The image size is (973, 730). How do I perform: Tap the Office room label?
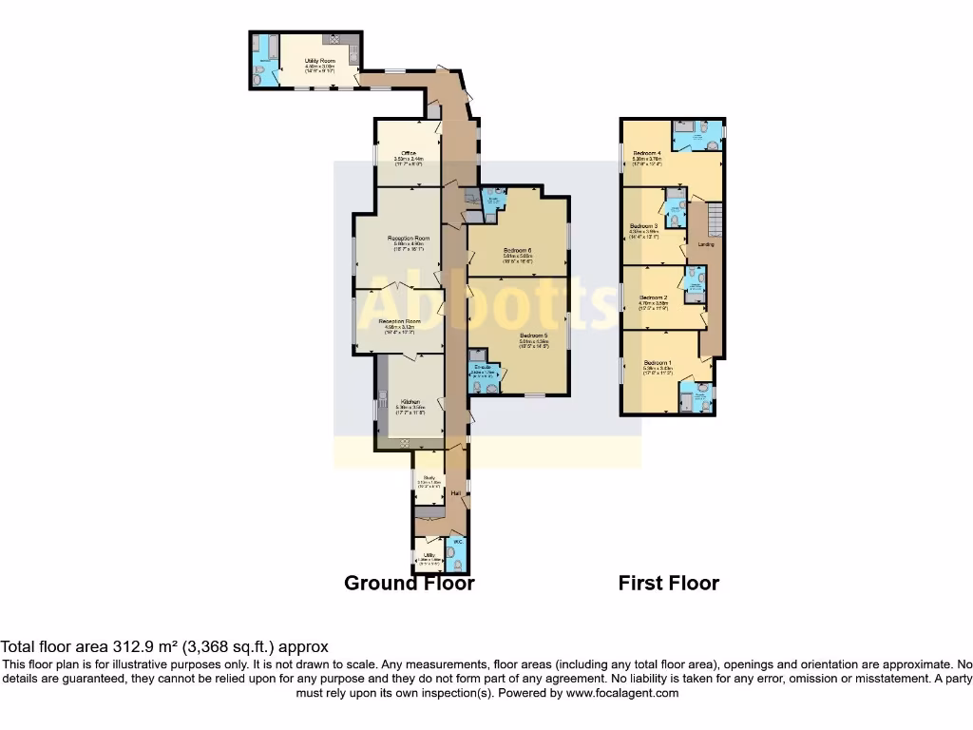[x=409, y=153]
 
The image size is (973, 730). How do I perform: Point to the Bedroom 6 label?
[x=518, y=250]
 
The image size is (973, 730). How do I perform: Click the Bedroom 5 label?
[x=533, y=336]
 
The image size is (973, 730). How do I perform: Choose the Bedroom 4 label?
[x=647, y=153]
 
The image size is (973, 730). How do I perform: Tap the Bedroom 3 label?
[x=644, y=225]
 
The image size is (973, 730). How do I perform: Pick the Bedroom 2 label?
[x=653, y=298]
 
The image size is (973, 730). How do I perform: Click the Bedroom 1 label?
[x=658, y=363]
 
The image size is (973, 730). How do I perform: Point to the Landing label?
[x=706, y=244]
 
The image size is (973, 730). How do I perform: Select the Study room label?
[x=429, y=477]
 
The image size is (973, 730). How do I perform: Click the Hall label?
[x=456, y=493]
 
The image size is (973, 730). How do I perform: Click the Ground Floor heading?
[x=409, y=583]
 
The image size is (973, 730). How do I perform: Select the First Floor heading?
[x=669, y=583]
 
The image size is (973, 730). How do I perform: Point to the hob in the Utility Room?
[x=335, y=38]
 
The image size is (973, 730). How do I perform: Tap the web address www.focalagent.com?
[x=622, y=693]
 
